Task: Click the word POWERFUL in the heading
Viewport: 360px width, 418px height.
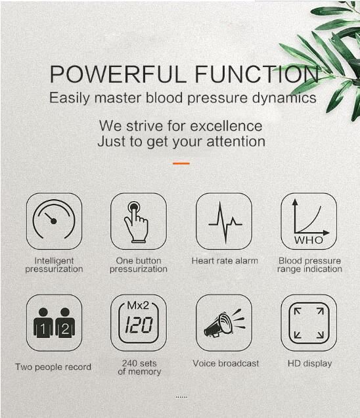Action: click(x=118, y=74)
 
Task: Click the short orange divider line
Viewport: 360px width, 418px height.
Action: click(x=181, y=163)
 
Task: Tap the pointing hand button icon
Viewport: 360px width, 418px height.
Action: click(x=136, y=221)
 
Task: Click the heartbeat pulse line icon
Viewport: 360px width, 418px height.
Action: click(x=225, y=223)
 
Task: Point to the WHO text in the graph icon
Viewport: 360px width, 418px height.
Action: click(x=309, y=240)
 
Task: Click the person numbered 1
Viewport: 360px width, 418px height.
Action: click(x=43, y=323)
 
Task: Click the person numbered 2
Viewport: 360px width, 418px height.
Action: click(x=65, y=323)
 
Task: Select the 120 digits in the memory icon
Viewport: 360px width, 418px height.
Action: click(x=139, y=325)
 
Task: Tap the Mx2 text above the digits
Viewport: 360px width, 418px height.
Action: click(x=138, y=306)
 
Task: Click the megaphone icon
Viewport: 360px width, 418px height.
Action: click(x=225, y=323)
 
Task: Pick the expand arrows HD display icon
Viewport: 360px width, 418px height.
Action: click(x=309, y=323)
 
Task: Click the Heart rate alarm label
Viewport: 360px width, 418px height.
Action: click(x=225, y=261)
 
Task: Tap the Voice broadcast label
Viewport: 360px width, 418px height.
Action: click(x=226, y=363)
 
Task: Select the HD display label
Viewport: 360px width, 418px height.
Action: click(x=309, y=363)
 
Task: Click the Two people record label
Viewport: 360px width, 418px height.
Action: click(x=53, y=367)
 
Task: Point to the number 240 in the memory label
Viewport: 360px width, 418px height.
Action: click(x=130, y=363)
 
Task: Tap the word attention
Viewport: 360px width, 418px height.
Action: click(x=236, y=141)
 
